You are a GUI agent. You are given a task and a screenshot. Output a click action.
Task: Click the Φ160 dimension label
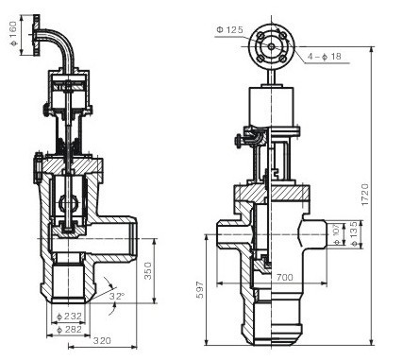click(x=13, y=34)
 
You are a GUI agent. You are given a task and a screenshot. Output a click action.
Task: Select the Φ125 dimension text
click(x=229, y=30)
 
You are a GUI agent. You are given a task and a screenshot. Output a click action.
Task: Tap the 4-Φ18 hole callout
click(x=325, y=57)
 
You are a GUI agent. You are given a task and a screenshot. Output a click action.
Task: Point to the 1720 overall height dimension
click(x=364, y=195)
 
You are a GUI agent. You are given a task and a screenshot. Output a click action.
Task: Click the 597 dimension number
click(x=200, y=290)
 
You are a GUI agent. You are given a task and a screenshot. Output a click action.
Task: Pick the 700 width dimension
click(x=284, y=277)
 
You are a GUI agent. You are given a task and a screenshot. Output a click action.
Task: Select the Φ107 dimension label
click(x=337, y=234)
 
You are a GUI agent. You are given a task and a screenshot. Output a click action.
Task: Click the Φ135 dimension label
click(x=354, y=234)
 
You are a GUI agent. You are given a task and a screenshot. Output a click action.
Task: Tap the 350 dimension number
click(x=147, y=270)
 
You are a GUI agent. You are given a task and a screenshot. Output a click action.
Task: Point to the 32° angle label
click(x=117, y=296)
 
